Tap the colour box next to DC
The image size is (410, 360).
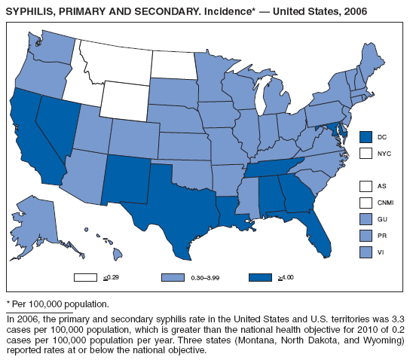(366, 136)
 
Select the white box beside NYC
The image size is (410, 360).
(366, 153)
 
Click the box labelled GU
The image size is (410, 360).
(366, 219)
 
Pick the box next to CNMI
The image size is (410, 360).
(366, 203)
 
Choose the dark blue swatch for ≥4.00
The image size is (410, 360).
(260, 277)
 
